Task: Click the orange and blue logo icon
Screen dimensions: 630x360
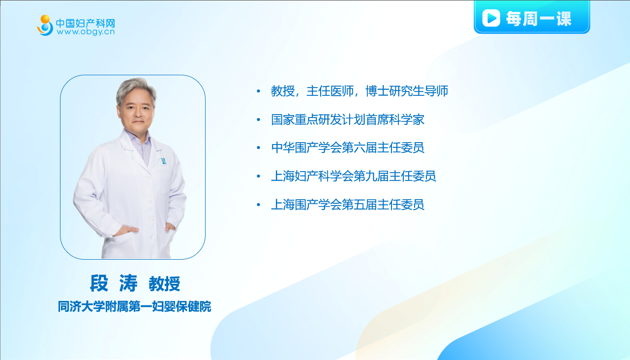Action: tap(45, 25)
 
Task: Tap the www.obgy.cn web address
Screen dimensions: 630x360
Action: tap(86, 32)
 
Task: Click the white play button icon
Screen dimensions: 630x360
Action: tap(491, 18)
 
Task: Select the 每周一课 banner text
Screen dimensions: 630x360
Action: tap(539, 19)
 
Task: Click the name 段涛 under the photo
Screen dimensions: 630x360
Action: tap(114, 283)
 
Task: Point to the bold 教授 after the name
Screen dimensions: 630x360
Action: tap(165, 284)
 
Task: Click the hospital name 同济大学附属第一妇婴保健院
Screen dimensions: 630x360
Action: tap(134, 306)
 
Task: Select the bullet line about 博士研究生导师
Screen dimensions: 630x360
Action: tap(360, 91)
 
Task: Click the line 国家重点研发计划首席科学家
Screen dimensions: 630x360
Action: tap(348, 120)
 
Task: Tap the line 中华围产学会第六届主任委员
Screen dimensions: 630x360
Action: tap(348, 148)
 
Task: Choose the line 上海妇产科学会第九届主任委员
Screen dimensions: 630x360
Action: tap(354, 177)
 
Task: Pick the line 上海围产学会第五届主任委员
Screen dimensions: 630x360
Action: tap(348, 205)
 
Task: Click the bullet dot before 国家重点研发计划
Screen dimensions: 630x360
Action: tap(259, 120)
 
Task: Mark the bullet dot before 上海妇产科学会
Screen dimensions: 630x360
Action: tap(259, 177)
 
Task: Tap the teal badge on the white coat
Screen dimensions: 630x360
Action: tap(163, 161)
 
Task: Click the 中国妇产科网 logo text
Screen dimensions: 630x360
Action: tap(86, 23)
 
